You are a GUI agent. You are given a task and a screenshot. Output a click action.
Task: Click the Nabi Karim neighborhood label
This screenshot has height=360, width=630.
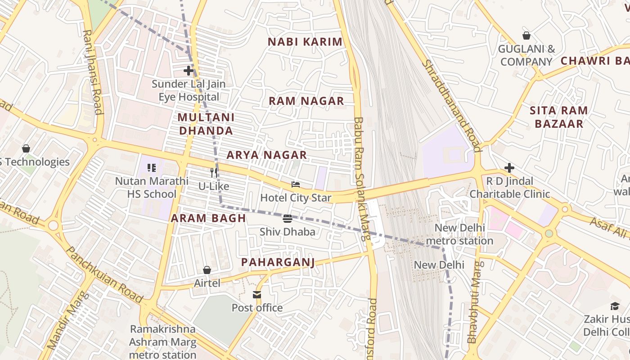(305, 42)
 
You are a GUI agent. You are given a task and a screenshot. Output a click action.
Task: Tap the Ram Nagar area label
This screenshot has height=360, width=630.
(306, 101)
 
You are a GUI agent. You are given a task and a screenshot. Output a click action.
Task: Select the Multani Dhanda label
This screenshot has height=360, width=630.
(206, 124)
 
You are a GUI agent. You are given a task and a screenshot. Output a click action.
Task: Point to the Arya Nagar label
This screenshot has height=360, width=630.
(266, 155)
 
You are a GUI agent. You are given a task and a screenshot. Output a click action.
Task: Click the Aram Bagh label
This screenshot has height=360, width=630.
(208, 218)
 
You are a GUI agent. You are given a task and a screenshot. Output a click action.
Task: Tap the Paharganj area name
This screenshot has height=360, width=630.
(278, 262)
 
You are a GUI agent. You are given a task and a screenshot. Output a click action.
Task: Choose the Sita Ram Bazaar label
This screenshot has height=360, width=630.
(558, 117)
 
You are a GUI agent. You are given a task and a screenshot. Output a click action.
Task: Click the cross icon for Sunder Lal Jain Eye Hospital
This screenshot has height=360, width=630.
(189, 71)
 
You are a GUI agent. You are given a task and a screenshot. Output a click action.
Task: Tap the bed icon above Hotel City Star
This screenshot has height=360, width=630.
(296, 184)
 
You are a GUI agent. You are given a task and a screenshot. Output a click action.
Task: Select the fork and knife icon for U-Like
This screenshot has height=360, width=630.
(214, 172)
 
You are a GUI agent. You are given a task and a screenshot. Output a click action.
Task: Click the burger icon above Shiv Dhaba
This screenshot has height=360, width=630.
(288, 219)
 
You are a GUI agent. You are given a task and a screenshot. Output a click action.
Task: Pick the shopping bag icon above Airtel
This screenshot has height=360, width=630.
(207, 270)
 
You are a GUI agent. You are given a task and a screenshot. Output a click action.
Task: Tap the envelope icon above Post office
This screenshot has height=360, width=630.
(257, 295)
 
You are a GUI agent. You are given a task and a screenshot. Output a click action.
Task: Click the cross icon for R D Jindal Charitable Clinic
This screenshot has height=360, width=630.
(509, 168)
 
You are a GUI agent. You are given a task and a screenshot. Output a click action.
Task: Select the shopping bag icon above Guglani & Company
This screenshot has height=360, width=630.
(526, 36)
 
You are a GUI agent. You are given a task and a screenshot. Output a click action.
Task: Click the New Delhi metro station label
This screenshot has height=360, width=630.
(459, 234)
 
